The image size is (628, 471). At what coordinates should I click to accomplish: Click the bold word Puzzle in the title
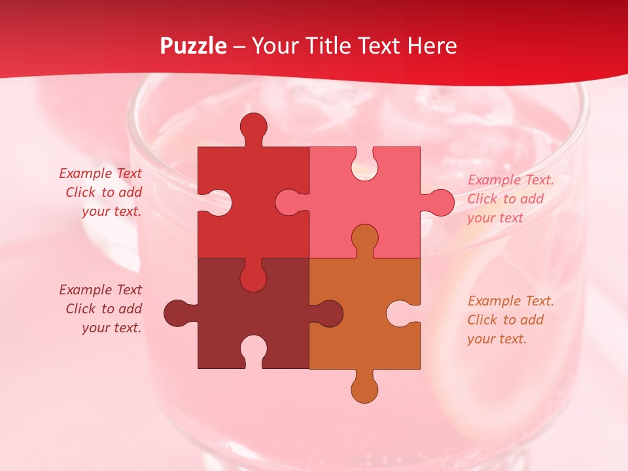point(194,46)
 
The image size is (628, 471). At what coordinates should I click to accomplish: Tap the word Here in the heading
point(432,46)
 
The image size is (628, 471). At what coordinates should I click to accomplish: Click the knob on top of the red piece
point(254,126)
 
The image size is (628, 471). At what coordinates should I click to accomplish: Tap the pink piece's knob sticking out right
point(440,202)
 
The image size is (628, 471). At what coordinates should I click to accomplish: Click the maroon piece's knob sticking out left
point(177,313)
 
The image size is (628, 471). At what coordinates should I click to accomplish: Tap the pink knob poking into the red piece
point(288,202)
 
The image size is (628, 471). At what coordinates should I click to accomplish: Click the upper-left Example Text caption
point(101,192)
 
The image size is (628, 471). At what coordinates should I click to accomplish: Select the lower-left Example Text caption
point(101,309)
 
